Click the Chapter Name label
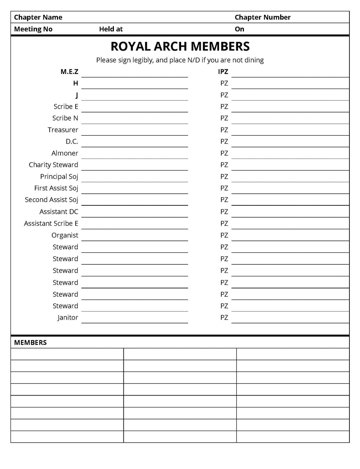click(x=38, y=17)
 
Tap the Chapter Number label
click(x=262, y=17)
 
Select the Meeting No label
click(x=33, y=29)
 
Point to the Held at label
click(x=111, y=29)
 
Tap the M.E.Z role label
click(x=69, y=72)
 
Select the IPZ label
click(x=223, y=72)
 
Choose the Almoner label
click(x=65, y=153)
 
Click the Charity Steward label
click(x=53, y=165)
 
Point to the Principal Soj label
click(x=59, y=176)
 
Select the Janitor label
click(x=68, y=317)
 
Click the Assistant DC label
click(x=59, y=212)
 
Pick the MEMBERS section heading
click(x=30, y=342)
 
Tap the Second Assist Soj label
click(x=51, y=200)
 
